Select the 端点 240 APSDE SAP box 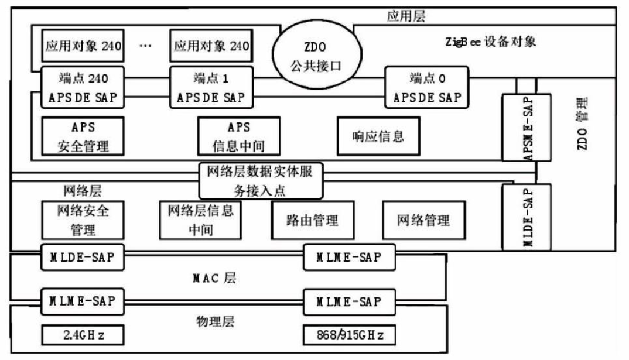pos(83,87)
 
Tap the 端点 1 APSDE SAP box pos(210,87)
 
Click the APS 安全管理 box pos(83,136)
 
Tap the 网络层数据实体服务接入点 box pos(261,180)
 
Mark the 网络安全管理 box pos(83,219)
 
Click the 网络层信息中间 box pos(200,219)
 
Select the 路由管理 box pos(313,220)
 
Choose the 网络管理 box pos(423,220)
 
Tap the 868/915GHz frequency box pos(349,336)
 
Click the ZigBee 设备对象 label pos(491,42)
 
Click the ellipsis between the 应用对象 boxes pos(146,46)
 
